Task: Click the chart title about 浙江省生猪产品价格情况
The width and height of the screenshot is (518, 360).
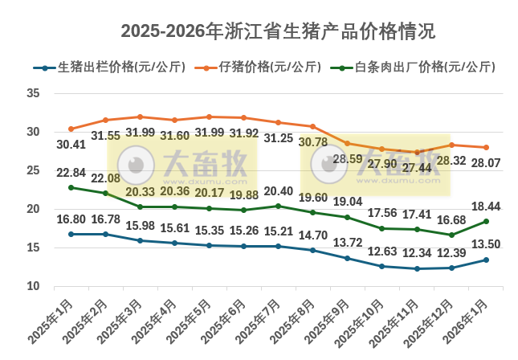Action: click(x=277, y=31)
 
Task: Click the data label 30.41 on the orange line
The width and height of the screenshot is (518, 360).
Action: click(x=71, y=145)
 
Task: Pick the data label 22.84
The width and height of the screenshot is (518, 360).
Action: click(x=71, y=172)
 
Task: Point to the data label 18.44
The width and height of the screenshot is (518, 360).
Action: click(x=486, y=207)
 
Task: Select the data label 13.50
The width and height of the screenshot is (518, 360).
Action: click(x=486, y=244)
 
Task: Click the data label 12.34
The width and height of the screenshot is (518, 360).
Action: click(x=417, y=254)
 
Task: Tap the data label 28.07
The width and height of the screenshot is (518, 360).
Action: click(x=486, y=163)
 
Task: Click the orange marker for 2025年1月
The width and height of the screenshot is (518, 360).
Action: click(x=71, y=129)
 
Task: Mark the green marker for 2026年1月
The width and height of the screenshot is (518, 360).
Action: click(x=486, y=221)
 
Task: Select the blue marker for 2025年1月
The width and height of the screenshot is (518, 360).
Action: click(x=71, y=234)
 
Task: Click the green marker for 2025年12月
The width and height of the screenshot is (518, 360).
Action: click(x=451, y=235)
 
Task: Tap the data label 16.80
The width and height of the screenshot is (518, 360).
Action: click(x=71, y=218)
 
